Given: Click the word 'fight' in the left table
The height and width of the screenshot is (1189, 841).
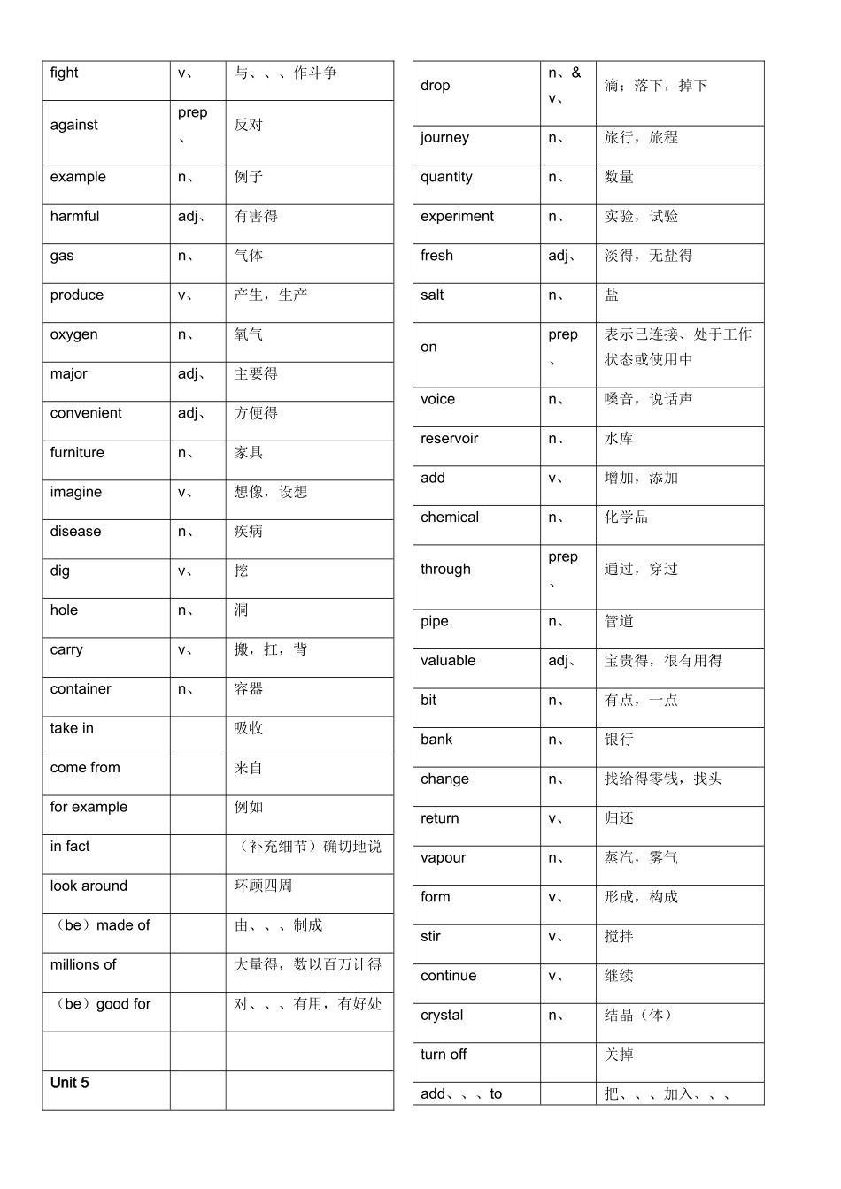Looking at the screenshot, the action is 64,73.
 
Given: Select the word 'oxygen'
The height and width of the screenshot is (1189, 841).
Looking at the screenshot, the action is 73,334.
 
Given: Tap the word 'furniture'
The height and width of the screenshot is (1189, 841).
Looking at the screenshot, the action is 77,453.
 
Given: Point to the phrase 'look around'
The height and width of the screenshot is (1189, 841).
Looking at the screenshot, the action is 89,886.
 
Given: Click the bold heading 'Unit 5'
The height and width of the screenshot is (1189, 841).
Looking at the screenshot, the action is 69,1083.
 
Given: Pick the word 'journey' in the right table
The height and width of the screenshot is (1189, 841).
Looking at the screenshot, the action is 444,138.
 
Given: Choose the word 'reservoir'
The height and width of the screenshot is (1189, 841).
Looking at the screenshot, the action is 449,439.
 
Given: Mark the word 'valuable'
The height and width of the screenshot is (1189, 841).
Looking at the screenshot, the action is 448,661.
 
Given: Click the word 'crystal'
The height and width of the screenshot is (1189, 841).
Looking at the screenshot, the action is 442,1016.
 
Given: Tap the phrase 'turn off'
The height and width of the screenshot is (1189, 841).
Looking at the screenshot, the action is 444,1055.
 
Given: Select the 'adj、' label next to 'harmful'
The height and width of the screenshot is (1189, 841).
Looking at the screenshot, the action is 191,217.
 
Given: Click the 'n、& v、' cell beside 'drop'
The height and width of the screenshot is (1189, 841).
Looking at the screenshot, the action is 564,85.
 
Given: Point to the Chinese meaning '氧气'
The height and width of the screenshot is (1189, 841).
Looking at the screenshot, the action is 249,334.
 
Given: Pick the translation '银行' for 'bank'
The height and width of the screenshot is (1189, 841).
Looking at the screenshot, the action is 619,740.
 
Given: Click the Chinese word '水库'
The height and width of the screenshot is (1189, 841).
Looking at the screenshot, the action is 619,439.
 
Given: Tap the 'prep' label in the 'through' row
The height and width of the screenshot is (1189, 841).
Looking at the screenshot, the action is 563,557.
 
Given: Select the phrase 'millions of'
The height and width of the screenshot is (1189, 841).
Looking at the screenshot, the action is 83,965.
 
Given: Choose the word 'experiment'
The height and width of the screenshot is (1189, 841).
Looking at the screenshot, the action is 457,217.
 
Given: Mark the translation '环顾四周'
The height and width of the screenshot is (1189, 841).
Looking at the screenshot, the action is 263,886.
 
